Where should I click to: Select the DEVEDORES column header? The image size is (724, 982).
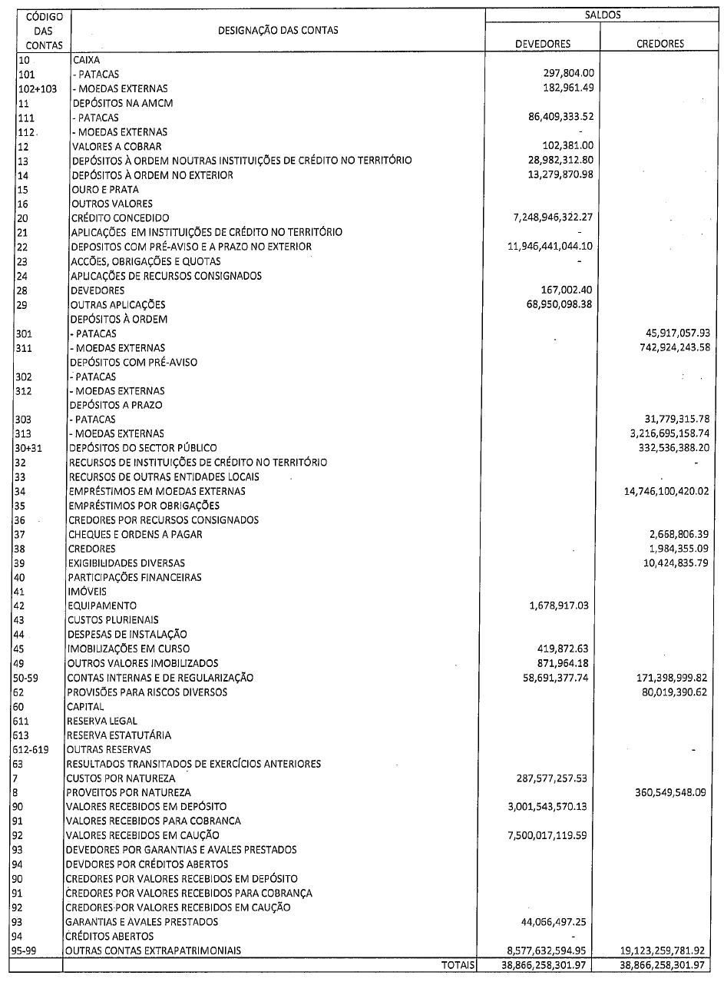click(543, 44)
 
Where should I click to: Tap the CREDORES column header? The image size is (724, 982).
click(660, 44)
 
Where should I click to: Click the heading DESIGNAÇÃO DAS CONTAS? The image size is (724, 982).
click(279, 30)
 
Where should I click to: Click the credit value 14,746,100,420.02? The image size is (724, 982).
click(660, 491)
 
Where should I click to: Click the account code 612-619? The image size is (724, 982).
click(34, 749)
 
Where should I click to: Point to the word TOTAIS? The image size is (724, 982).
click(459, 964)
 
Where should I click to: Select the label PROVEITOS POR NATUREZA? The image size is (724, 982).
click(129, 792)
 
